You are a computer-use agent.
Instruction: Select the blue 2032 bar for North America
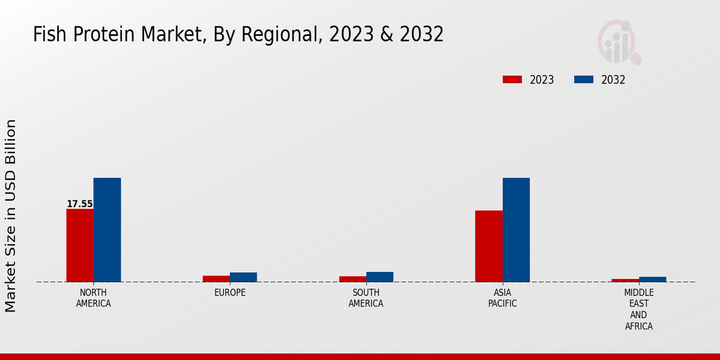tap(107, 230)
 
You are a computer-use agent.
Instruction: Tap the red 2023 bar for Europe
tap(216, 278)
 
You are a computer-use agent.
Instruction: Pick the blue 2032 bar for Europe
tap(243, 277)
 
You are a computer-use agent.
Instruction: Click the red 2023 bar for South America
tap(352, 279)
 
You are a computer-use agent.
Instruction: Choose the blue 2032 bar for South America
tap(380, 277)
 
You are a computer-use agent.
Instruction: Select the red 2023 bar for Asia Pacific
tap(488, 246)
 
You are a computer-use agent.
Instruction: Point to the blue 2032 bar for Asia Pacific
tap(516, 230)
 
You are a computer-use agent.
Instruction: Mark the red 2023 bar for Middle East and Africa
tap(625, 280)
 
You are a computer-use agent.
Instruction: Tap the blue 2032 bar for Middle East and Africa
tap(652, 279)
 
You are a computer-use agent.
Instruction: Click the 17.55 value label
tap(80, 204)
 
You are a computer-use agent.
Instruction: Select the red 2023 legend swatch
tap(512, 79)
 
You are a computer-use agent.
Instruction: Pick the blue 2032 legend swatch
tap(584, 79)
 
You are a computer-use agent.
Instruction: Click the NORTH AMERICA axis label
tap(94, 298)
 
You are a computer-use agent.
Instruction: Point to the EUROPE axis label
tap(230, 293)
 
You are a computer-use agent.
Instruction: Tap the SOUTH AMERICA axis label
tap(366, 298)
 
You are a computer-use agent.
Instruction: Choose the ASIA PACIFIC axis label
tap(502, 298)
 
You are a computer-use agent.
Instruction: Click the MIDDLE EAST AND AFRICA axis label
tap(638, 310)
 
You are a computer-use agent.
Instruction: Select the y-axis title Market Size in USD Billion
tap(11, 215)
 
